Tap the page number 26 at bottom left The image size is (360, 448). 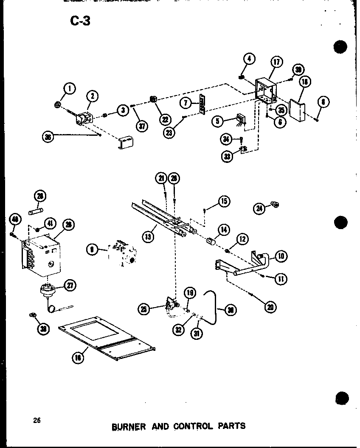37,420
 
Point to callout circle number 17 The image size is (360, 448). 276,62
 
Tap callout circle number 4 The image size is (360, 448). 250,59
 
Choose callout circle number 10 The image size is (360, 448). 281,256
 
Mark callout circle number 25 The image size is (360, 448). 145,310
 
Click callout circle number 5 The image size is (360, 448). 217,121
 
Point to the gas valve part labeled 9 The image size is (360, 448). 121,255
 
